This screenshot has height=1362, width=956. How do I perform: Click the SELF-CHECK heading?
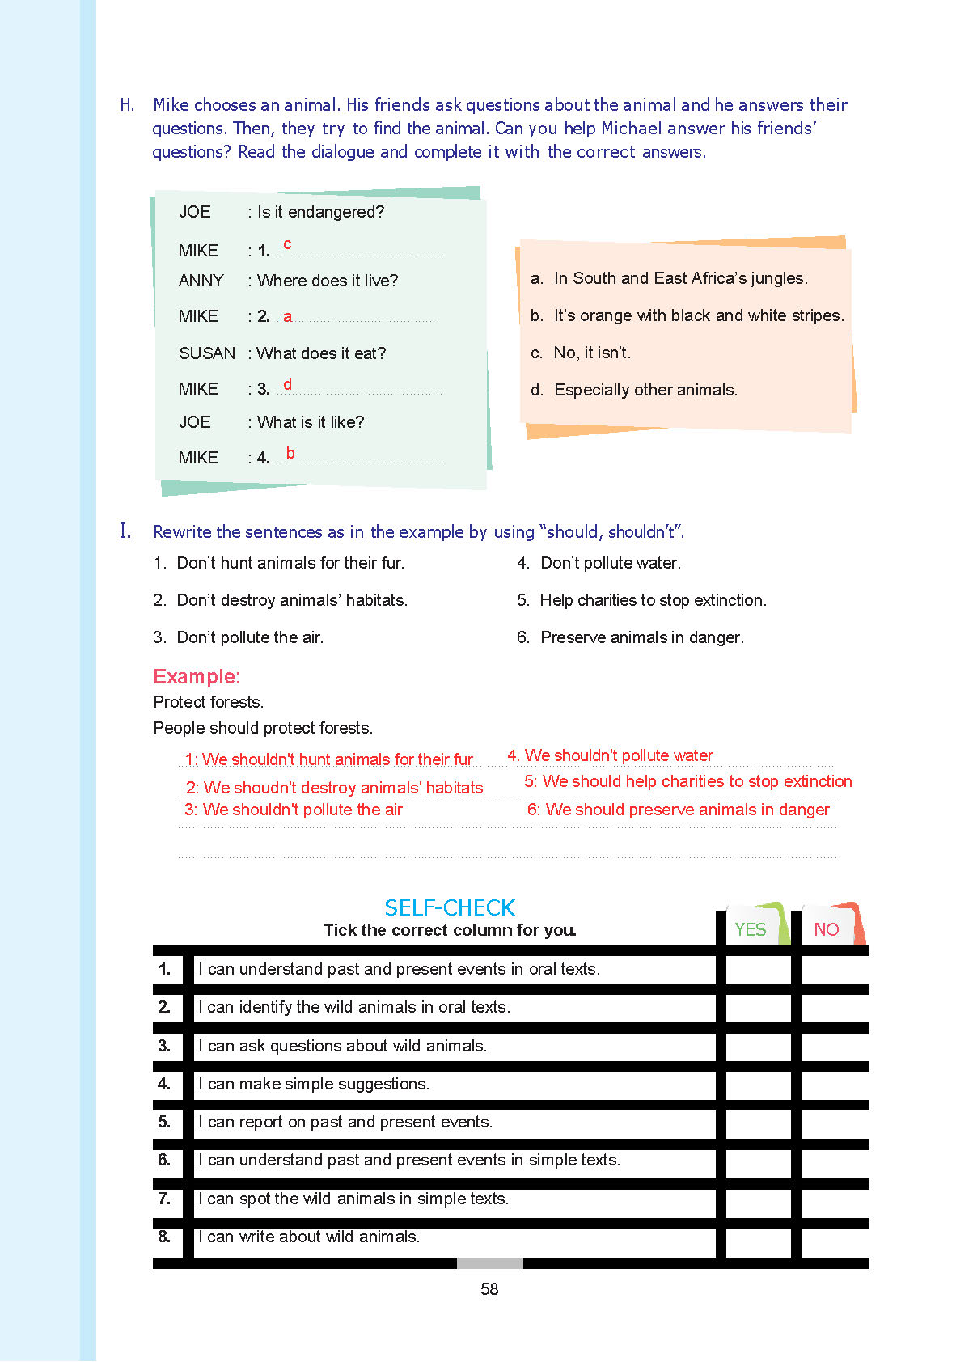click(450, 907)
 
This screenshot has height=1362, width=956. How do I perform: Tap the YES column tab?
click(751, 929)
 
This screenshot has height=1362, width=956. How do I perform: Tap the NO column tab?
click(827, 929)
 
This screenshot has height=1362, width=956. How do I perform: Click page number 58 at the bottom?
click(489, 1289)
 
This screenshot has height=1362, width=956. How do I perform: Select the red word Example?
click(197, 676)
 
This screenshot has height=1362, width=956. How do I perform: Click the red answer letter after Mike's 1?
click(287, 244)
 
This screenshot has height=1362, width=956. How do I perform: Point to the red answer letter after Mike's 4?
click(290, 453)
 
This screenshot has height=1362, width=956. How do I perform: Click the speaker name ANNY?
click(201, 281)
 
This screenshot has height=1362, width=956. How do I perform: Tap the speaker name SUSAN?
click(207, 353)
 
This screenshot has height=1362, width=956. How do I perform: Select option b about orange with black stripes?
click(687, 315)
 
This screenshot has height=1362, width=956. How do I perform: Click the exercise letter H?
click(127, 105)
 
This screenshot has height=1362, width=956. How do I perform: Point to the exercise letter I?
click(125, 531)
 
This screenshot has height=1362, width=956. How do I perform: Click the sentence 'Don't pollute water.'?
click(610, 563)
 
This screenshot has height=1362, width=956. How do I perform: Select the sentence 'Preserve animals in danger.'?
click(641, 637)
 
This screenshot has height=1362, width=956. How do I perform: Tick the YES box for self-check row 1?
click(758, 970)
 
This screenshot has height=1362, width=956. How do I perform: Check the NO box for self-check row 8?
click(835, 1237)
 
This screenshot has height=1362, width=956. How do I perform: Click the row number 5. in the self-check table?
click(164, 1122)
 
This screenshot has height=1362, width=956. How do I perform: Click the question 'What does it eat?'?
click(321, 353)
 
